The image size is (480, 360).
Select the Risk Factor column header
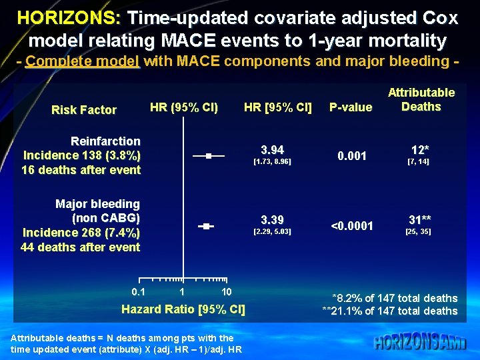[x=84, y=110]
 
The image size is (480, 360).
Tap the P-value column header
[x=351, y=107]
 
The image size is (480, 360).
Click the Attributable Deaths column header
[x=421, y=100]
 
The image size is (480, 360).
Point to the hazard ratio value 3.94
[x=272, y=149]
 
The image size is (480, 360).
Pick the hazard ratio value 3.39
[x=272, y=220]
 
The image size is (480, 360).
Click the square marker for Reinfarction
[x=209, y=155]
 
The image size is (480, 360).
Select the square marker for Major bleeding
[x=206, y=227]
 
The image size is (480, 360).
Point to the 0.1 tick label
[x=138, y=292]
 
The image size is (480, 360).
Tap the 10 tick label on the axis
[x=226, y=292]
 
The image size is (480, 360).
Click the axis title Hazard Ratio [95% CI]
[x=183, y=309]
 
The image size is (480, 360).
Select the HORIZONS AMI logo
[x=420, y=342]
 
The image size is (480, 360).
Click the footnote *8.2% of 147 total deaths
[x=395, y=298]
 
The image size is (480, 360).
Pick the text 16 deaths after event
[x=81, y=170]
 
